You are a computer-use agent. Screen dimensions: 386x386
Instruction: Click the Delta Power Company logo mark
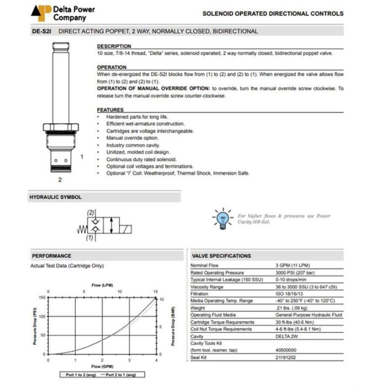click(x=41, y=13)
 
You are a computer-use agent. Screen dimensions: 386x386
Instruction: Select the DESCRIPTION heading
click(x=114, y=46)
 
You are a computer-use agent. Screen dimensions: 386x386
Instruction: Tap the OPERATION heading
click(x=112, y=67)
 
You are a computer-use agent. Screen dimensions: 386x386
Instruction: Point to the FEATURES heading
click(x=110, y=110)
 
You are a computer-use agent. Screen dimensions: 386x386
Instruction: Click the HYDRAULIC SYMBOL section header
click(x=55, y=197)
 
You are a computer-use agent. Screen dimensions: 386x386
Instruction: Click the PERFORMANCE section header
click(x=52, y=256)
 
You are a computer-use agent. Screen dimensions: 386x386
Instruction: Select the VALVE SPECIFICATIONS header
click(x=221, y=256)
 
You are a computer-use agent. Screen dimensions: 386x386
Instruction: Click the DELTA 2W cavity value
click(x=288, y=336)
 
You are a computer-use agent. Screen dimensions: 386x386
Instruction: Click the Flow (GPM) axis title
click(x=102, y=366)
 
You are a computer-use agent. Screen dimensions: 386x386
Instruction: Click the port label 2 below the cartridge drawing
click(x=60, y=179)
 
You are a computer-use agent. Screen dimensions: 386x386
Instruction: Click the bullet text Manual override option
click(x=133, y=138)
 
